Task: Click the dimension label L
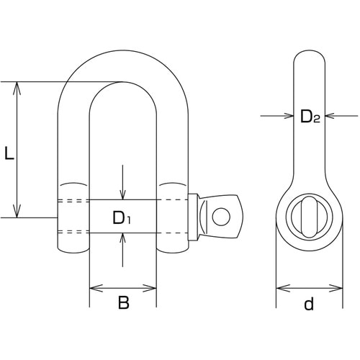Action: [9, 153]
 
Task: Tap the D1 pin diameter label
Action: [122, 218]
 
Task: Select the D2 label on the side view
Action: [310, 117]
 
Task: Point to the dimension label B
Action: [124, 302]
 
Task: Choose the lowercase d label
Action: [309, 303]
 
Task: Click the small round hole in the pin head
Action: [221, 217]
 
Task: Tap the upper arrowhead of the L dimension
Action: [17, 89]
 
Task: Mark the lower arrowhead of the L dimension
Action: [17, 211]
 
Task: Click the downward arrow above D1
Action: [122, 182]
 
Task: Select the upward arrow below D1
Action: [122, 250]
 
